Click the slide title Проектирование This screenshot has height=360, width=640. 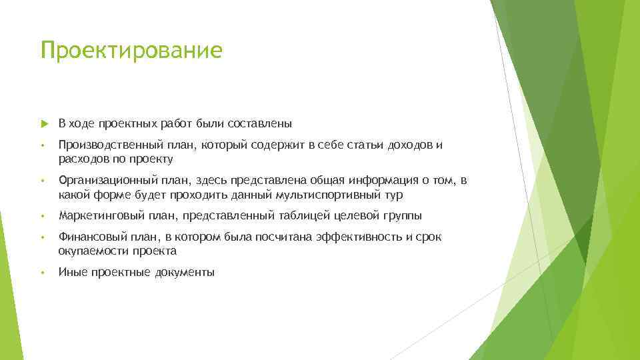(131, 51)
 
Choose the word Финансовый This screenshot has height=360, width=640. (87, 237)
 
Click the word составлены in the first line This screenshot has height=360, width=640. (260, 123)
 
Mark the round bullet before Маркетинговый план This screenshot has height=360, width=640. (42, 215)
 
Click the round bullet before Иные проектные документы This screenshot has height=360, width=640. (42, 272)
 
